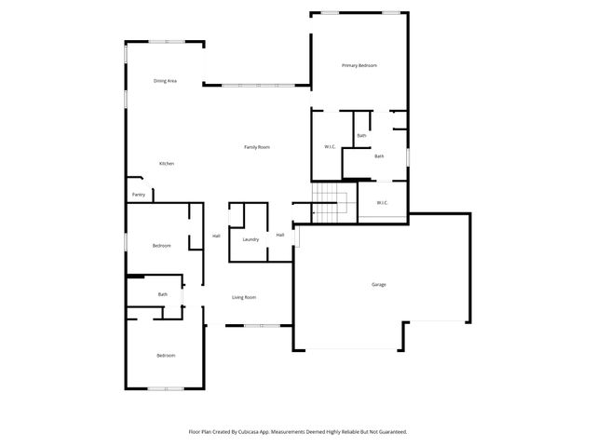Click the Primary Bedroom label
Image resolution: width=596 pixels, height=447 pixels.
(x=359, y=65)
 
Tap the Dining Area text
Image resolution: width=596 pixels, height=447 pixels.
(x=166, y=81)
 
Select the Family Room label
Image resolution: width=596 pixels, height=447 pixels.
(x=257, y=147)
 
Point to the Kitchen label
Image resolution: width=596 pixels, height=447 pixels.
(x=166, y=163)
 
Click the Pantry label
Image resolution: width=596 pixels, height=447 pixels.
(x=139, y=195)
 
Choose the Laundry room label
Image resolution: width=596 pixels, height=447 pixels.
(x=251, y=239)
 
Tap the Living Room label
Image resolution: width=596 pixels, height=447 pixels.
(x=244, y=297)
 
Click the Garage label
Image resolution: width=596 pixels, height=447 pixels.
(x=379, y=284)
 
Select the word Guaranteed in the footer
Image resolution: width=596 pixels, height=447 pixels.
(x=388, y=431)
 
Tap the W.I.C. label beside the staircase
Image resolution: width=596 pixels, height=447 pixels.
(x=382, y=203)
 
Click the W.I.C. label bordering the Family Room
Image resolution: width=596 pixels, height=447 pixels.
(x=330, y=147)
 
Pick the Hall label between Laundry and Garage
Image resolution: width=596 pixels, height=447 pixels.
(x=279, y=235)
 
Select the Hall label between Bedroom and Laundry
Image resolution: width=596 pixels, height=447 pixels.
(x=216, y=236)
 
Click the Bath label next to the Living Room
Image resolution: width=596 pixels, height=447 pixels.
(x=162, y=294)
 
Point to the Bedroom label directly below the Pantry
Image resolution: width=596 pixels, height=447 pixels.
(x=162, y=245)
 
